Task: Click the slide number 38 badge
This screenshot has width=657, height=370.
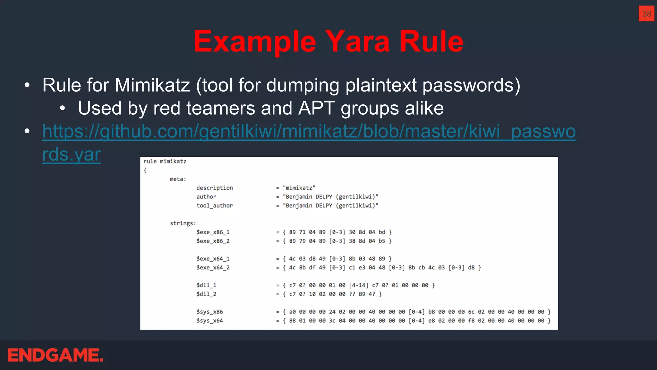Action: tap(646, 13)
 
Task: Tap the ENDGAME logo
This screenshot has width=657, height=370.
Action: tap(55, 355)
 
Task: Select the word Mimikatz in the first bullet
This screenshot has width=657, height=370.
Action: tap(152, 85)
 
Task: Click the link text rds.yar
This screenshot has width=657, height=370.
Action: tap(72, 154)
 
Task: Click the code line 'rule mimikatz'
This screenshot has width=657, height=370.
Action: tap(165, 161)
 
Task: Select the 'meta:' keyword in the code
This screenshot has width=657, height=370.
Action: tap(178, 179)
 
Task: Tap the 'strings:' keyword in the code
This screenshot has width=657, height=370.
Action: tap(183, 223)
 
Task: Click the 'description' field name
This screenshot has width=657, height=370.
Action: tap(215, 188)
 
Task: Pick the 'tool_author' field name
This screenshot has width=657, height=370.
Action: tap(215, 206)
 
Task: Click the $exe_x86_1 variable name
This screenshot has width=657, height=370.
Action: tap(213, 232)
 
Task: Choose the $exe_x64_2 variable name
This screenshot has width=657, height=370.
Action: tap(213, 268)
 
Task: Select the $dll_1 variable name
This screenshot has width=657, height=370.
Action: tap(206, 285)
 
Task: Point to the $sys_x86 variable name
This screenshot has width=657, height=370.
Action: tap(209, 312)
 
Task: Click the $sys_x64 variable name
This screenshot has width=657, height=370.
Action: tap(209, 321)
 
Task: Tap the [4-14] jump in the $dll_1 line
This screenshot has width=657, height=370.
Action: tap(359, 285)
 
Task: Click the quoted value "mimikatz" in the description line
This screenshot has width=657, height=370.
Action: tap(299, 188)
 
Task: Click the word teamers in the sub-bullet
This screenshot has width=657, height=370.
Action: tap(221, 108)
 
